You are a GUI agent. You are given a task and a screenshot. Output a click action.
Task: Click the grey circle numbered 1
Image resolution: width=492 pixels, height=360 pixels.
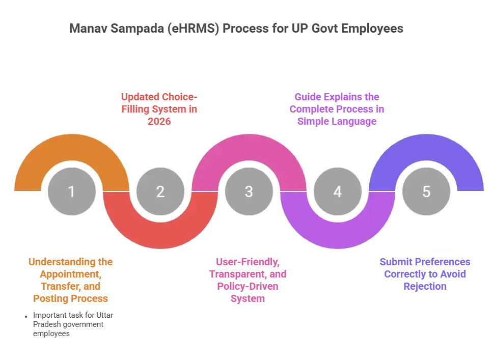71,192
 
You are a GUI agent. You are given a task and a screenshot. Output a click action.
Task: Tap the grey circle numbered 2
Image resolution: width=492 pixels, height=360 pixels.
160,192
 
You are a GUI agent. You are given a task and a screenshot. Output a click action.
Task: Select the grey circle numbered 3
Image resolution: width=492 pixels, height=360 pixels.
249,192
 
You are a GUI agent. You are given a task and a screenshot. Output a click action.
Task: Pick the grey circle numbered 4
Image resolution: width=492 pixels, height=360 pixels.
338,192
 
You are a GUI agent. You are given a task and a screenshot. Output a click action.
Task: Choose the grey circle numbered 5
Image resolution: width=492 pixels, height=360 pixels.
426,192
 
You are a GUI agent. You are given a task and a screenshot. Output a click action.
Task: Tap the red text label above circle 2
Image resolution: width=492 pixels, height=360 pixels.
160,109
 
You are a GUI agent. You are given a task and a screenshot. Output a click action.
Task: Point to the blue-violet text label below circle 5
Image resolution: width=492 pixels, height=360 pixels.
426,274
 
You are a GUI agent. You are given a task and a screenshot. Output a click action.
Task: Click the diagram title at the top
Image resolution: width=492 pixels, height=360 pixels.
235,27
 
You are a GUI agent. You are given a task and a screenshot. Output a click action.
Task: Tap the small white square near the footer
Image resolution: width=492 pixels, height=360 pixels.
24,318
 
